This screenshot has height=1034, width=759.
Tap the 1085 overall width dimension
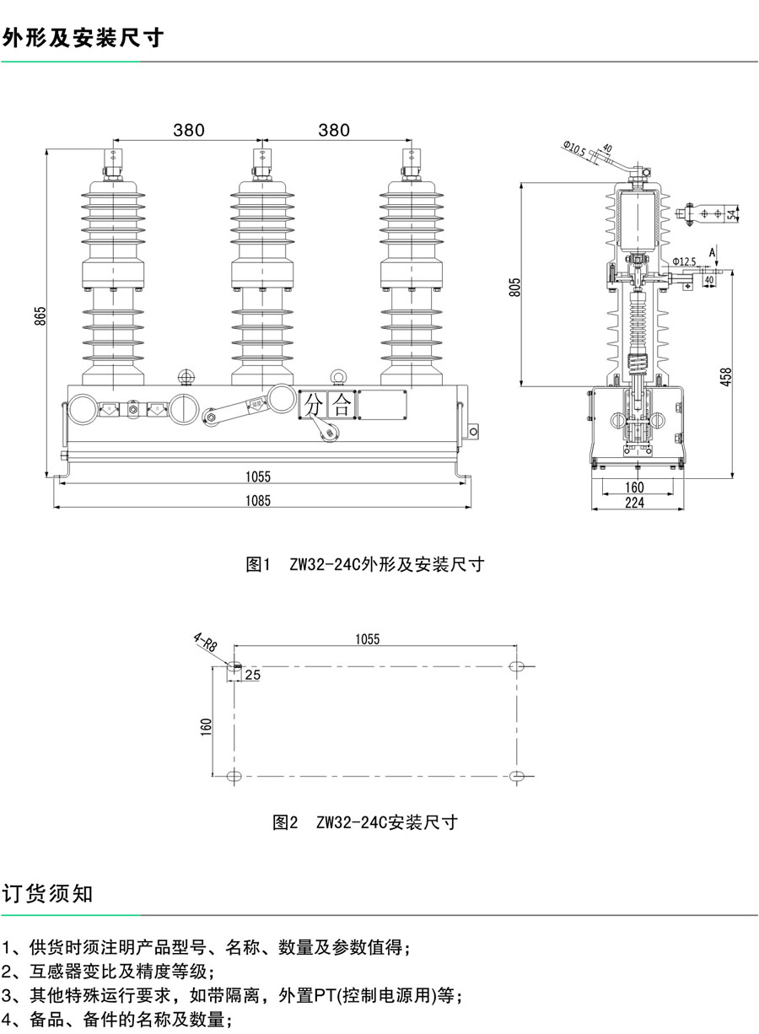[258, 500]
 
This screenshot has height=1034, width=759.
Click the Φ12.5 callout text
[684, 262]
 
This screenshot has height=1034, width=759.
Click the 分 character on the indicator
[314, 405]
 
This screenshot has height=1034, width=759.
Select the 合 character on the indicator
[342, 405]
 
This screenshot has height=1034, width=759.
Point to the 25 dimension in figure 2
[252, 676]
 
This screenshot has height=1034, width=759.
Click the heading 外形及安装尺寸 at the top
[83, 38]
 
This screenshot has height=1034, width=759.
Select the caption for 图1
[364, 565]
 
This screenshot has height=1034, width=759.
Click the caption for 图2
[364, 822]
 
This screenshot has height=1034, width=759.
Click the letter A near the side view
[713, 252]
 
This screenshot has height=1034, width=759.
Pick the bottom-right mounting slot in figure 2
[519, 775]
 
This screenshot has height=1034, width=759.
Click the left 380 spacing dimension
[189, 130]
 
